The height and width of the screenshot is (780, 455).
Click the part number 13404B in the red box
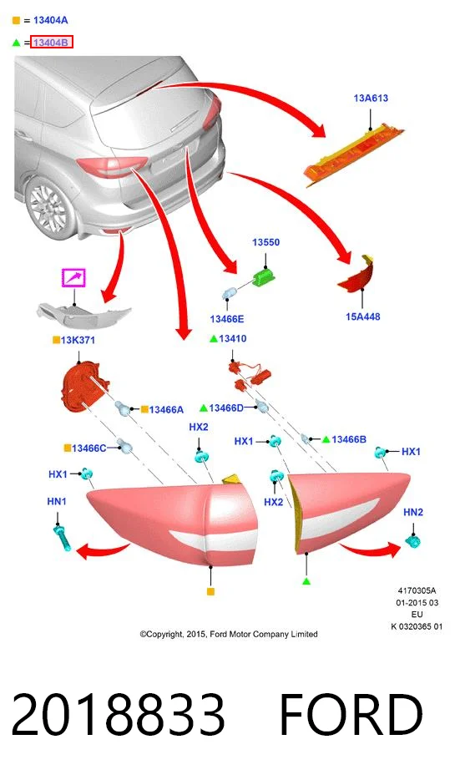51,43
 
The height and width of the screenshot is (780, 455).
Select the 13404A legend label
51,20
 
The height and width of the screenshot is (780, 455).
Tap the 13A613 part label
371,98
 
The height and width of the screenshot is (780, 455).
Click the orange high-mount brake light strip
353,154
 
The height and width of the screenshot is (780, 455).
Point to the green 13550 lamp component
264,277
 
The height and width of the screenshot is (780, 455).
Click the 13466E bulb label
227,319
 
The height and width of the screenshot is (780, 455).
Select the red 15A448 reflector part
357,275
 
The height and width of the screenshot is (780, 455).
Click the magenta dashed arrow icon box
73,277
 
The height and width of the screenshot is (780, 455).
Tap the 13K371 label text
78,340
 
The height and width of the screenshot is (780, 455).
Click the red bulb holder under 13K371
83,386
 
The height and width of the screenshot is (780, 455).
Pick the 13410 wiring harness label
232,338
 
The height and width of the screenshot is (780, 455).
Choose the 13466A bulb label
166,409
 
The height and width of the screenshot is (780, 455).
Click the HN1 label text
57,501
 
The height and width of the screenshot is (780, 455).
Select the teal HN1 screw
62,537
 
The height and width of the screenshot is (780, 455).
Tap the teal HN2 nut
413,540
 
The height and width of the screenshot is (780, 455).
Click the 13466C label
89,448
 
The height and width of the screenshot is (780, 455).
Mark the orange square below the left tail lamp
211,591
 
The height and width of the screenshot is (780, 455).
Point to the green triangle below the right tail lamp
306,581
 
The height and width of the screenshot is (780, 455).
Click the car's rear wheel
50,207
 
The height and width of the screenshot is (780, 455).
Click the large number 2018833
118,714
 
